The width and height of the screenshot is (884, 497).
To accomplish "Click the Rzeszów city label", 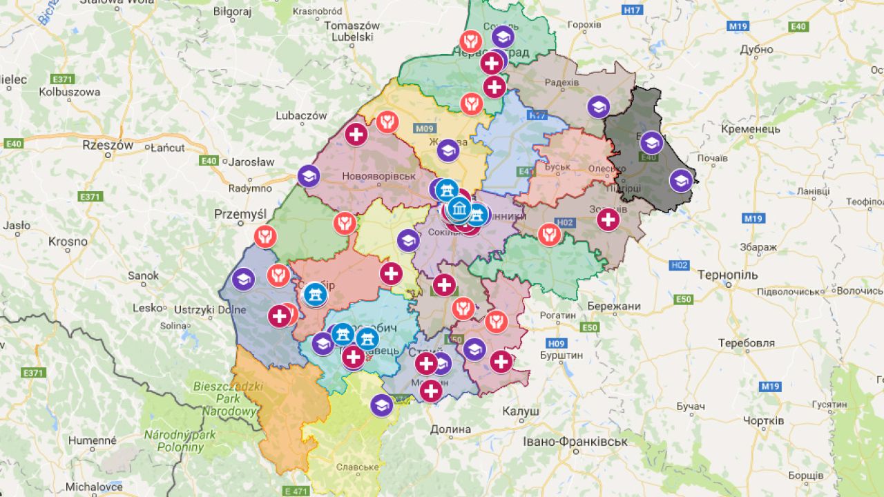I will (107, 145).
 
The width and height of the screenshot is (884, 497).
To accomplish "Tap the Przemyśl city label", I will (240, 214).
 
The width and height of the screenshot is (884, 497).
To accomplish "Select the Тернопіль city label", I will (727, 275).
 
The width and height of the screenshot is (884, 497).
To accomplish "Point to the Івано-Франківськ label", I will (575, 441).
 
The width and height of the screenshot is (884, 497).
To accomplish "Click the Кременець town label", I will (750, 129).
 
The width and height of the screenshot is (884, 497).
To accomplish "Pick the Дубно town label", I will (756, 50).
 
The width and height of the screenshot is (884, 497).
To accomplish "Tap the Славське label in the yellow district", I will (357, 467).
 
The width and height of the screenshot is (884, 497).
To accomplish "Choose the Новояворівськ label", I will (378, 176).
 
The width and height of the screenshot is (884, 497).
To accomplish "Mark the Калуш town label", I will (521, 411).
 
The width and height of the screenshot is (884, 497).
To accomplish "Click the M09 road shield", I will (425, 129).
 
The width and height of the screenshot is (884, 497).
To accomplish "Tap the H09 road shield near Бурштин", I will (556, 343).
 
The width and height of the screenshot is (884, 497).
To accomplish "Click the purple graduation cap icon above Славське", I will (381, 405).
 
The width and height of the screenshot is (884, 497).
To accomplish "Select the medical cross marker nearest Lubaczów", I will (356, 134).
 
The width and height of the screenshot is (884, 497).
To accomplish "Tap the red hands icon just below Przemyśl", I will (265, 237).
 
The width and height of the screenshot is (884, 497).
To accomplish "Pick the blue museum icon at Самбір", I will (316, 295).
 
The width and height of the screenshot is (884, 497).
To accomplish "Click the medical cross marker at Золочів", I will (608, 220).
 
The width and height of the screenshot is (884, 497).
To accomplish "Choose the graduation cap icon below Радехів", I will (599, 107).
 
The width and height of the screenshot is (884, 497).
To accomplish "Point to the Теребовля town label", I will (746, 343).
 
